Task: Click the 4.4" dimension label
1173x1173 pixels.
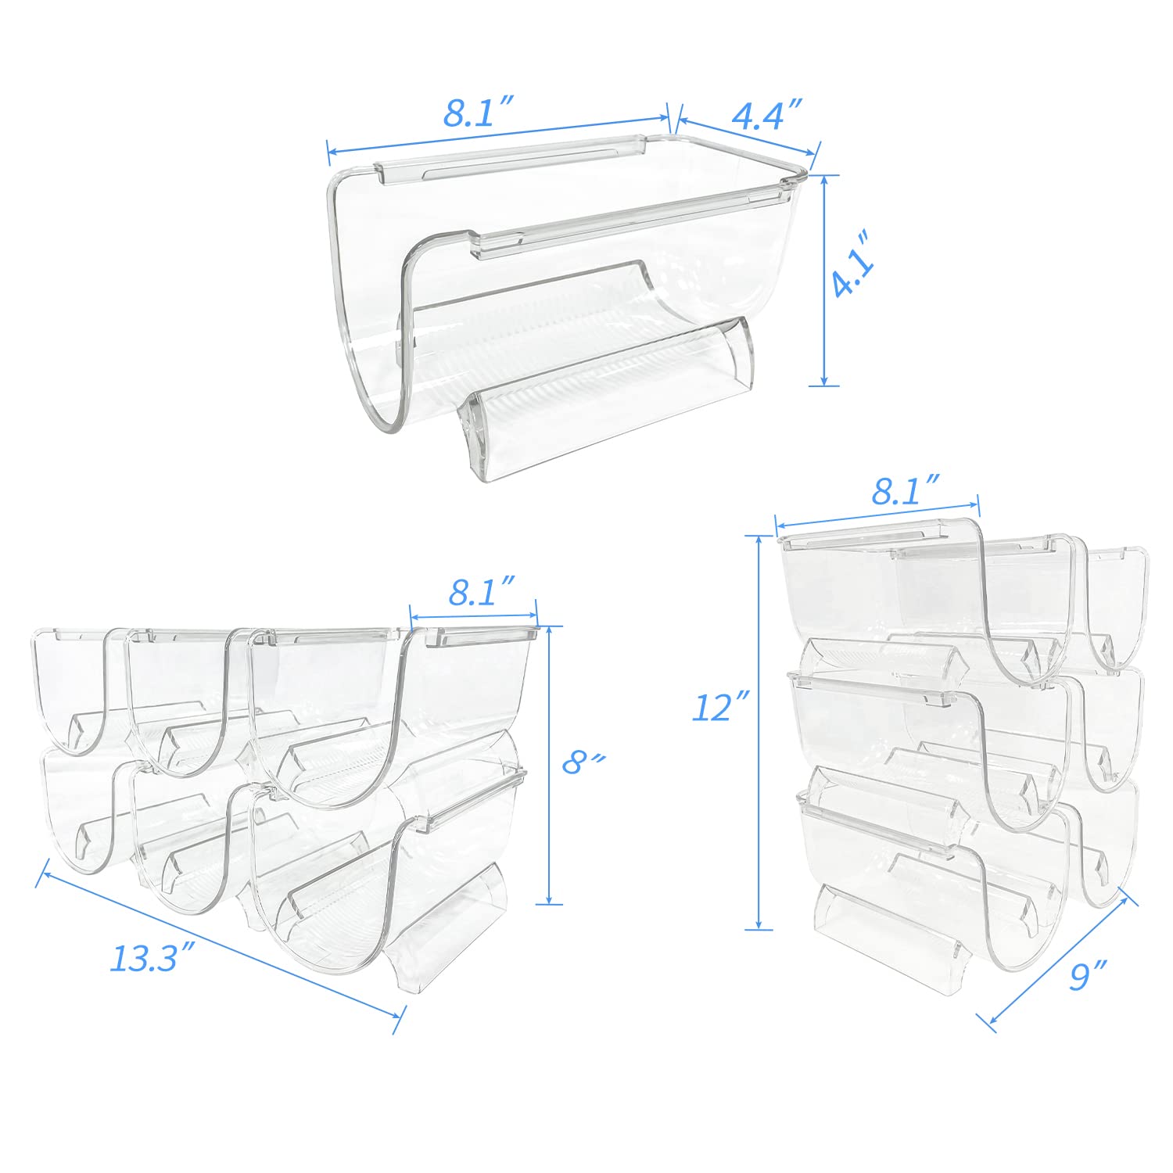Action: [767, 114]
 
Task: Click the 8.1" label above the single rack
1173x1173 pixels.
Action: [478, 113]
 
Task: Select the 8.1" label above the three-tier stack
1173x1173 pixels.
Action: [906, 492]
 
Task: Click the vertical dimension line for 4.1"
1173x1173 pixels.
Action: [823, 280]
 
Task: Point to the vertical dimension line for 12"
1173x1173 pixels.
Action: [758, 733]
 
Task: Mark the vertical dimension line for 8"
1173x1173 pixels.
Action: [550, 765]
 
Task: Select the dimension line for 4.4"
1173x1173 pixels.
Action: [748, 135]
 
